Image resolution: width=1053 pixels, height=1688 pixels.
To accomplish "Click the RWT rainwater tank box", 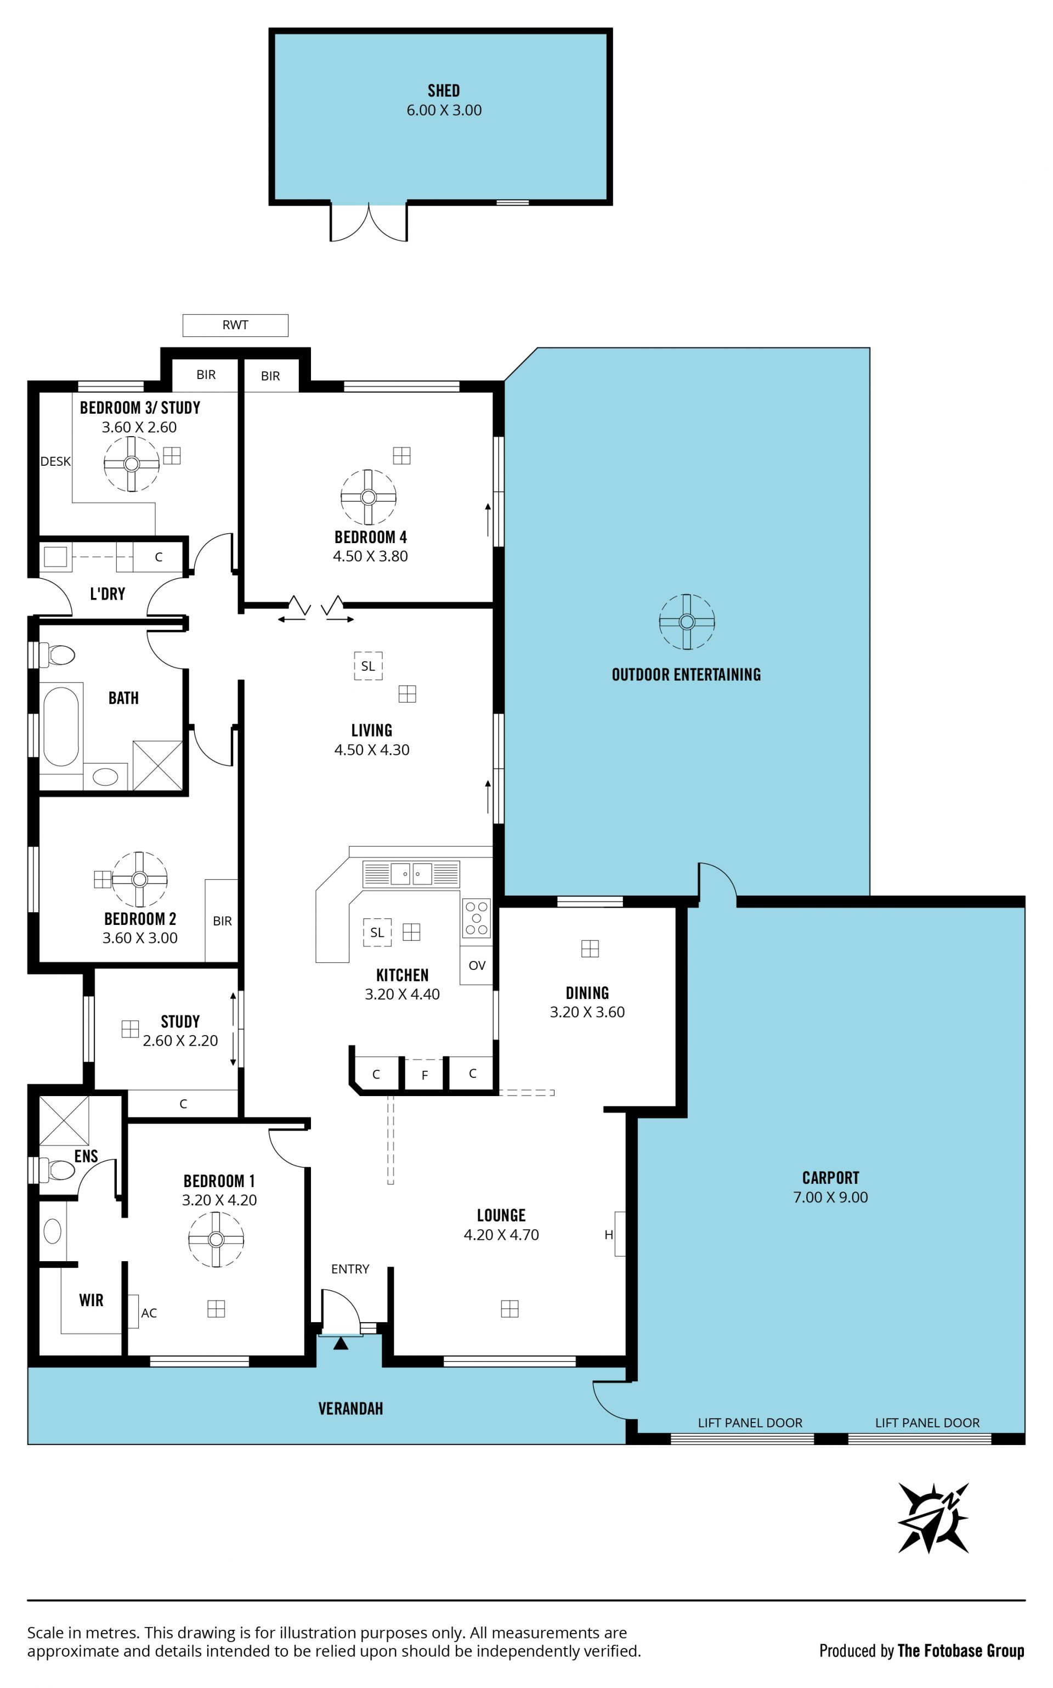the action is click(235, 325).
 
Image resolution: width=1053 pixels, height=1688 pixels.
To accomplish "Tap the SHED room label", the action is click(444, 91).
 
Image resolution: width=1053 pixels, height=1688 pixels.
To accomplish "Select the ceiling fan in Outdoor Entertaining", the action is click(687, 622).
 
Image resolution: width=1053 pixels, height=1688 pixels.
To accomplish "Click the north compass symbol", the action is click(933, 1518).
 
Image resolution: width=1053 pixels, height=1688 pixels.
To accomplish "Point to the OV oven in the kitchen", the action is click(477, 966).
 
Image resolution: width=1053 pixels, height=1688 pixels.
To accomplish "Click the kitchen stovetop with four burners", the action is click(477, 918).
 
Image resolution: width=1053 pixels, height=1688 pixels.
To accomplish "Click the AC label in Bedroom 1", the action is click(149, 1313).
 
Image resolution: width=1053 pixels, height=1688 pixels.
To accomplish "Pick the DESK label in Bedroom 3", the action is click(55, 461).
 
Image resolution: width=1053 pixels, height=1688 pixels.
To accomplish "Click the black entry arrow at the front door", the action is click(341, 1343).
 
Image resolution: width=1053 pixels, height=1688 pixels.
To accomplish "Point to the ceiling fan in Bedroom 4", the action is click(369, 496).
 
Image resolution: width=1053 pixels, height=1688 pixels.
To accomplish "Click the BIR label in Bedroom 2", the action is click(222, 921).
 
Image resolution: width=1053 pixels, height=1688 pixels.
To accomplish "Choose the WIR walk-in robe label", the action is click(91, 1300).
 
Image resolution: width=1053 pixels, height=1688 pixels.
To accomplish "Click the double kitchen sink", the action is click(411, 873).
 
